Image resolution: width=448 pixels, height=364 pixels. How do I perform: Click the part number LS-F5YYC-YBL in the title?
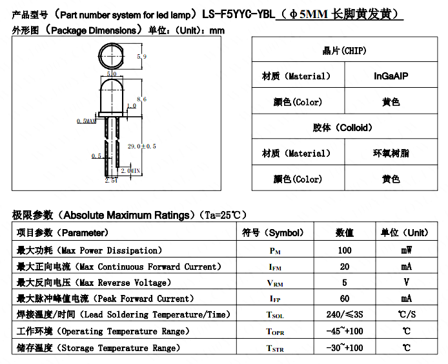click(x=239, y=14)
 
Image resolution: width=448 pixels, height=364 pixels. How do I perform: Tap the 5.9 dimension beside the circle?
click(x=142, y=57)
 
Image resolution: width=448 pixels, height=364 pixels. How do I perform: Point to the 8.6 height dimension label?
click(x=142, y=99)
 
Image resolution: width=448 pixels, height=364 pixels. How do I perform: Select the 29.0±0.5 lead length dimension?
click(x=142, y=147)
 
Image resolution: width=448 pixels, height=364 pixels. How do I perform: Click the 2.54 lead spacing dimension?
click(x=111, y=181)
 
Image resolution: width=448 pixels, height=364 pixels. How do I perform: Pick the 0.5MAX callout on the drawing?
click(x=87, y=121)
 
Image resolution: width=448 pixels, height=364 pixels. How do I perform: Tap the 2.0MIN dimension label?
click(x=130, y=171)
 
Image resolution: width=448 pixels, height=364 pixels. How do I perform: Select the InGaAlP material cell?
click(x=391, y=76)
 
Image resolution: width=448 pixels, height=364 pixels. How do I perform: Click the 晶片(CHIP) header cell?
click(x=344, y=50)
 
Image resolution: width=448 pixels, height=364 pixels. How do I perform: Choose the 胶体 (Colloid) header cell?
click(x=344, y=127)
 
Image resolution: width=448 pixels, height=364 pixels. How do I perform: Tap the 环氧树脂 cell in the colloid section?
click(x=391, y=153)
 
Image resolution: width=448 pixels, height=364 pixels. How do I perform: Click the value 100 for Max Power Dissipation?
click(x=345, y=250)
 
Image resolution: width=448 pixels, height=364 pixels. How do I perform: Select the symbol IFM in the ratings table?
click(x=275, y=267)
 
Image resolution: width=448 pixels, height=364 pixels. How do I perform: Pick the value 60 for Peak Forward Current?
click(x=345, y=299)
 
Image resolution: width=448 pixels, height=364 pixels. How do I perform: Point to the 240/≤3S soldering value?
click(x=345, y=314)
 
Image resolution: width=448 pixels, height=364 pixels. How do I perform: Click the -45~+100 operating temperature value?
click(x=345, y=331)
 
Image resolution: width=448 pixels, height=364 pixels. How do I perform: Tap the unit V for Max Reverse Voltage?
click(x=406, y=282)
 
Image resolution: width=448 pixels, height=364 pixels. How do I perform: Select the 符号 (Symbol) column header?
click(x=273, y=232)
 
